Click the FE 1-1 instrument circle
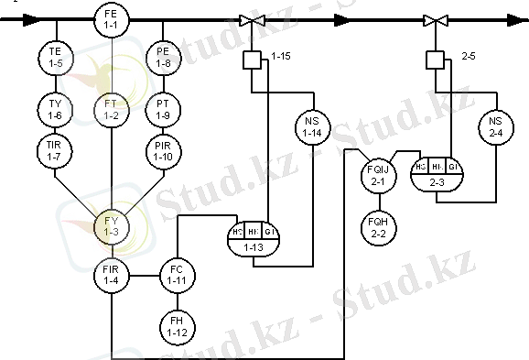point(112,17)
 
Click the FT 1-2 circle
point(112,111)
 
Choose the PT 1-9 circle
point(164,111)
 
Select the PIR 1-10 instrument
point(164,151)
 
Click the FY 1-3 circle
point(112,225)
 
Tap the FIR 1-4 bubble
point(112,274)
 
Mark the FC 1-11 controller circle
point(177,274)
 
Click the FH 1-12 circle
point(177,324)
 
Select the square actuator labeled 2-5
point(435,60)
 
